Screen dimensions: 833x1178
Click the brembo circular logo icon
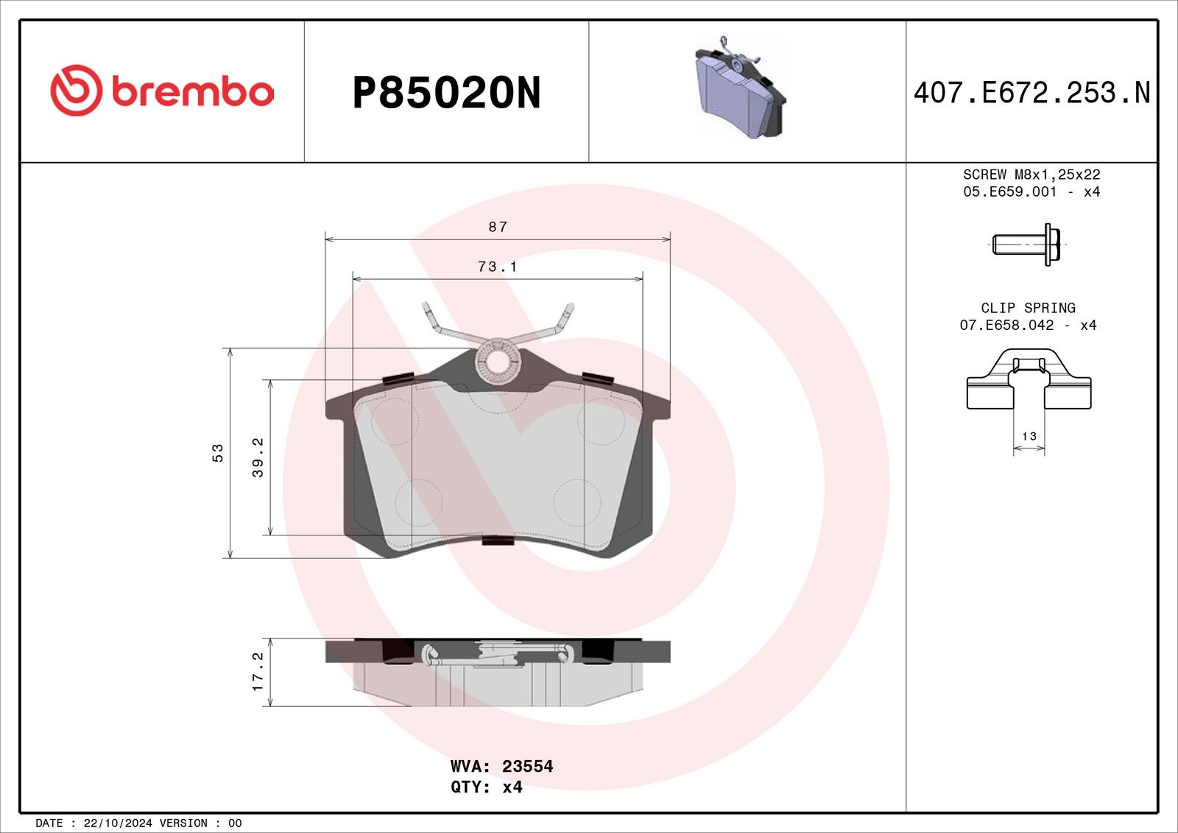tap(76, 91)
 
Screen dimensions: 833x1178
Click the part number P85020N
tap(446, 93)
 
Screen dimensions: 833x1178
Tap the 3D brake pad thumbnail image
tap(740, 88)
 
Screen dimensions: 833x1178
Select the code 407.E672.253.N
tap(1031, 93)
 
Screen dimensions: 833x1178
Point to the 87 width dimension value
tap(498, 227)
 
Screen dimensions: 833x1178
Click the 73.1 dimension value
tap(498, 267)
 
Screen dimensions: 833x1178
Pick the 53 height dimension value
tap(218, 452)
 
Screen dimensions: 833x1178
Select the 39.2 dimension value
tap(258, 457)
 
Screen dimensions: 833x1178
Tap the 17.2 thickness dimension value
tap(258, 672)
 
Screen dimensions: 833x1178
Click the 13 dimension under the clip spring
tap(1029, 436)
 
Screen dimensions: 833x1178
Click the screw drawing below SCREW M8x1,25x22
tap(1028, 244)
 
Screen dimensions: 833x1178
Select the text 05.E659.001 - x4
tap(1031, 191)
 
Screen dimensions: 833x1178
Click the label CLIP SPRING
tap(1028, 308)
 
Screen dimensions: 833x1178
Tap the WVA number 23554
tap(527, 766)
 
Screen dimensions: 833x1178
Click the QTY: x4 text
tap(487, 787)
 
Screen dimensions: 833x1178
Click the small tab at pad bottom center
tap(498, 541)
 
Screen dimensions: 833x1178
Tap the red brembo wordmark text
tap(192, 92)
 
